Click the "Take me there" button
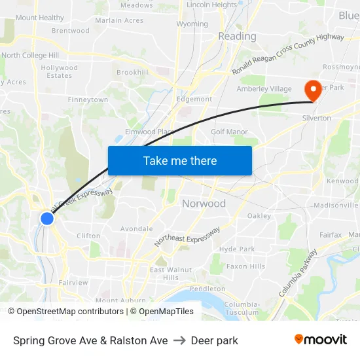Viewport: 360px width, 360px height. point(180,160)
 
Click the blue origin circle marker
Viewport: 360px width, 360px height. point(47,218)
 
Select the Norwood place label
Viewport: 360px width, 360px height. point(204,204)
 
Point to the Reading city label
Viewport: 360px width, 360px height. point(237,36)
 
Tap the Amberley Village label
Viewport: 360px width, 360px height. point(264,89)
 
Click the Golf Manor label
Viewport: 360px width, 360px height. point(229,132)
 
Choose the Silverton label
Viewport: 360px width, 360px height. point(316,118)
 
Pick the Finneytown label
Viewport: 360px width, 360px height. point(88,100)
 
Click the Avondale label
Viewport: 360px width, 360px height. point(136,229)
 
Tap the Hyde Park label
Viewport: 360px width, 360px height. point(237,249)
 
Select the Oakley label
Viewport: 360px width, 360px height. point(259,216)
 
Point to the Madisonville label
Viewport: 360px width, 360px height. point(336,206)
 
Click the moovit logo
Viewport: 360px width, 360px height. point(321,340)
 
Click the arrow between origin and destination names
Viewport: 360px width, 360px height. point(179,340)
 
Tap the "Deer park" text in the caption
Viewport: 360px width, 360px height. point(214,340)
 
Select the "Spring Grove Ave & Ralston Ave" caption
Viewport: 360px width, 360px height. point(90,340)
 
